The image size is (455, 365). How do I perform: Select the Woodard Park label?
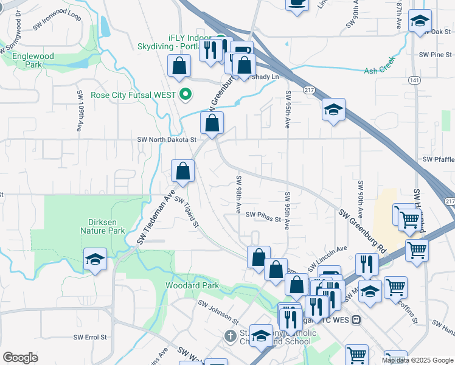click(192, 285)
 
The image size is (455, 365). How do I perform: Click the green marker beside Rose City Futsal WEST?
click(186, 94)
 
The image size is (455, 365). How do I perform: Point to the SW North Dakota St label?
click(167, 139)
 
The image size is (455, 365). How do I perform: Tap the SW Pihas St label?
click(263, 214)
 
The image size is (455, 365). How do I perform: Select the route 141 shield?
click(415, 80)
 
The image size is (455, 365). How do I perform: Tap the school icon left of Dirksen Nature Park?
click(95, 260)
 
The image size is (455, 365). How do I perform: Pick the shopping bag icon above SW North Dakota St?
click(211, 123)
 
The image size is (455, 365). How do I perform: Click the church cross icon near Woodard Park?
click(230, 336)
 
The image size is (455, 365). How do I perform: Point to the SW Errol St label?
click(90, 336)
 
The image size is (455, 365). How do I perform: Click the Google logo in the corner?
click(20, 357)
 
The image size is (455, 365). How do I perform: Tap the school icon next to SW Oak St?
click(419, 21)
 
